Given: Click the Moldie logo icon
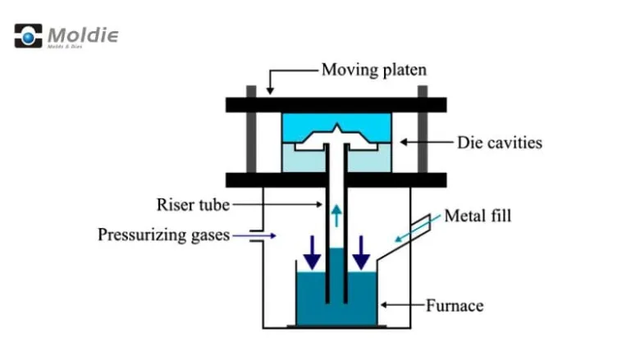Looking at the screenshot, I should (28, 36).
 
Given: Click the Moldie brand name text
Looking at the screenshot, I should (83, 35).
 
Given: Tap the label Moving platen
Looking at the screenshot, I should (373, 70).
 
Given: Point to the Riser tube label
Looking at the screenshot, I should (194, 204).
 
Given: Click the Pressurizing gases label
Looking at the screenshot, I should (163, 235).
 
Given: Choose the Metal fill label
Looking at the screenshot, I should (478, 217).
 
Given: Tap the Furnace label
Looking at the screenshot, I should (454, 307).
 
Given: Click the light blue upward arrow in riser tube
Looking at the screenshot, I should (337, 216).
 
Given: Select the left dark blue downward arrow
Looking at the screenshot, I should (313, 252).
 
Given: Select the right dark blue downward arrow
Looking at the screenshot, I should (361, 252).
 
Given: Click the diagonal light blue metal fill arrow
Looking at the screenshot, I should (401, 232).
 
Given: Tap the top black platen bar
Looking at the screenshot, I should (336, 105).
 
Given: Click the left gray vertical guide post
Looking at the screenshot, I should (251, 135).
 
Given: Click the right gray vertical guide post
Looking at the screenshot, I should (423, 135).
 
